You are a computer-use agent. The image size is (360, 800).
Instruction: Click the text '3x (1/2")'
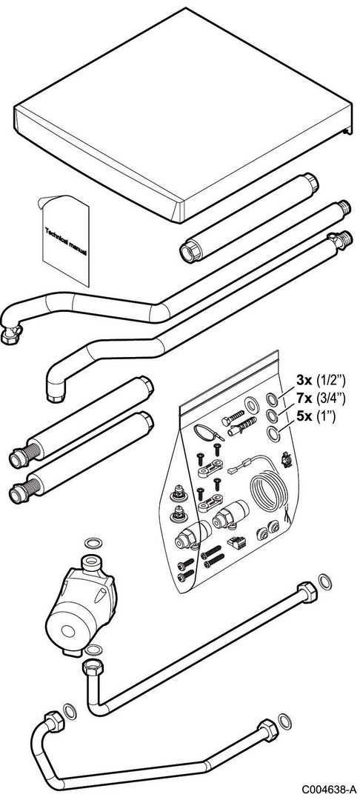coord(321,379)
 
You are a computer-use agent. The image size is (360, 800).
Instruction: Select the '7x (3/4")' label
coord(321,398)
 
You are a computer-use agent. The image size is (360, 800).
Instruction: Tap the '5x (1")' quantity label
coord(316,416)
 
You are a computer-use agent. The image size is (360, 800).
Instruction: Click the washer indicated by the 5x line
coord(274,434)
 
